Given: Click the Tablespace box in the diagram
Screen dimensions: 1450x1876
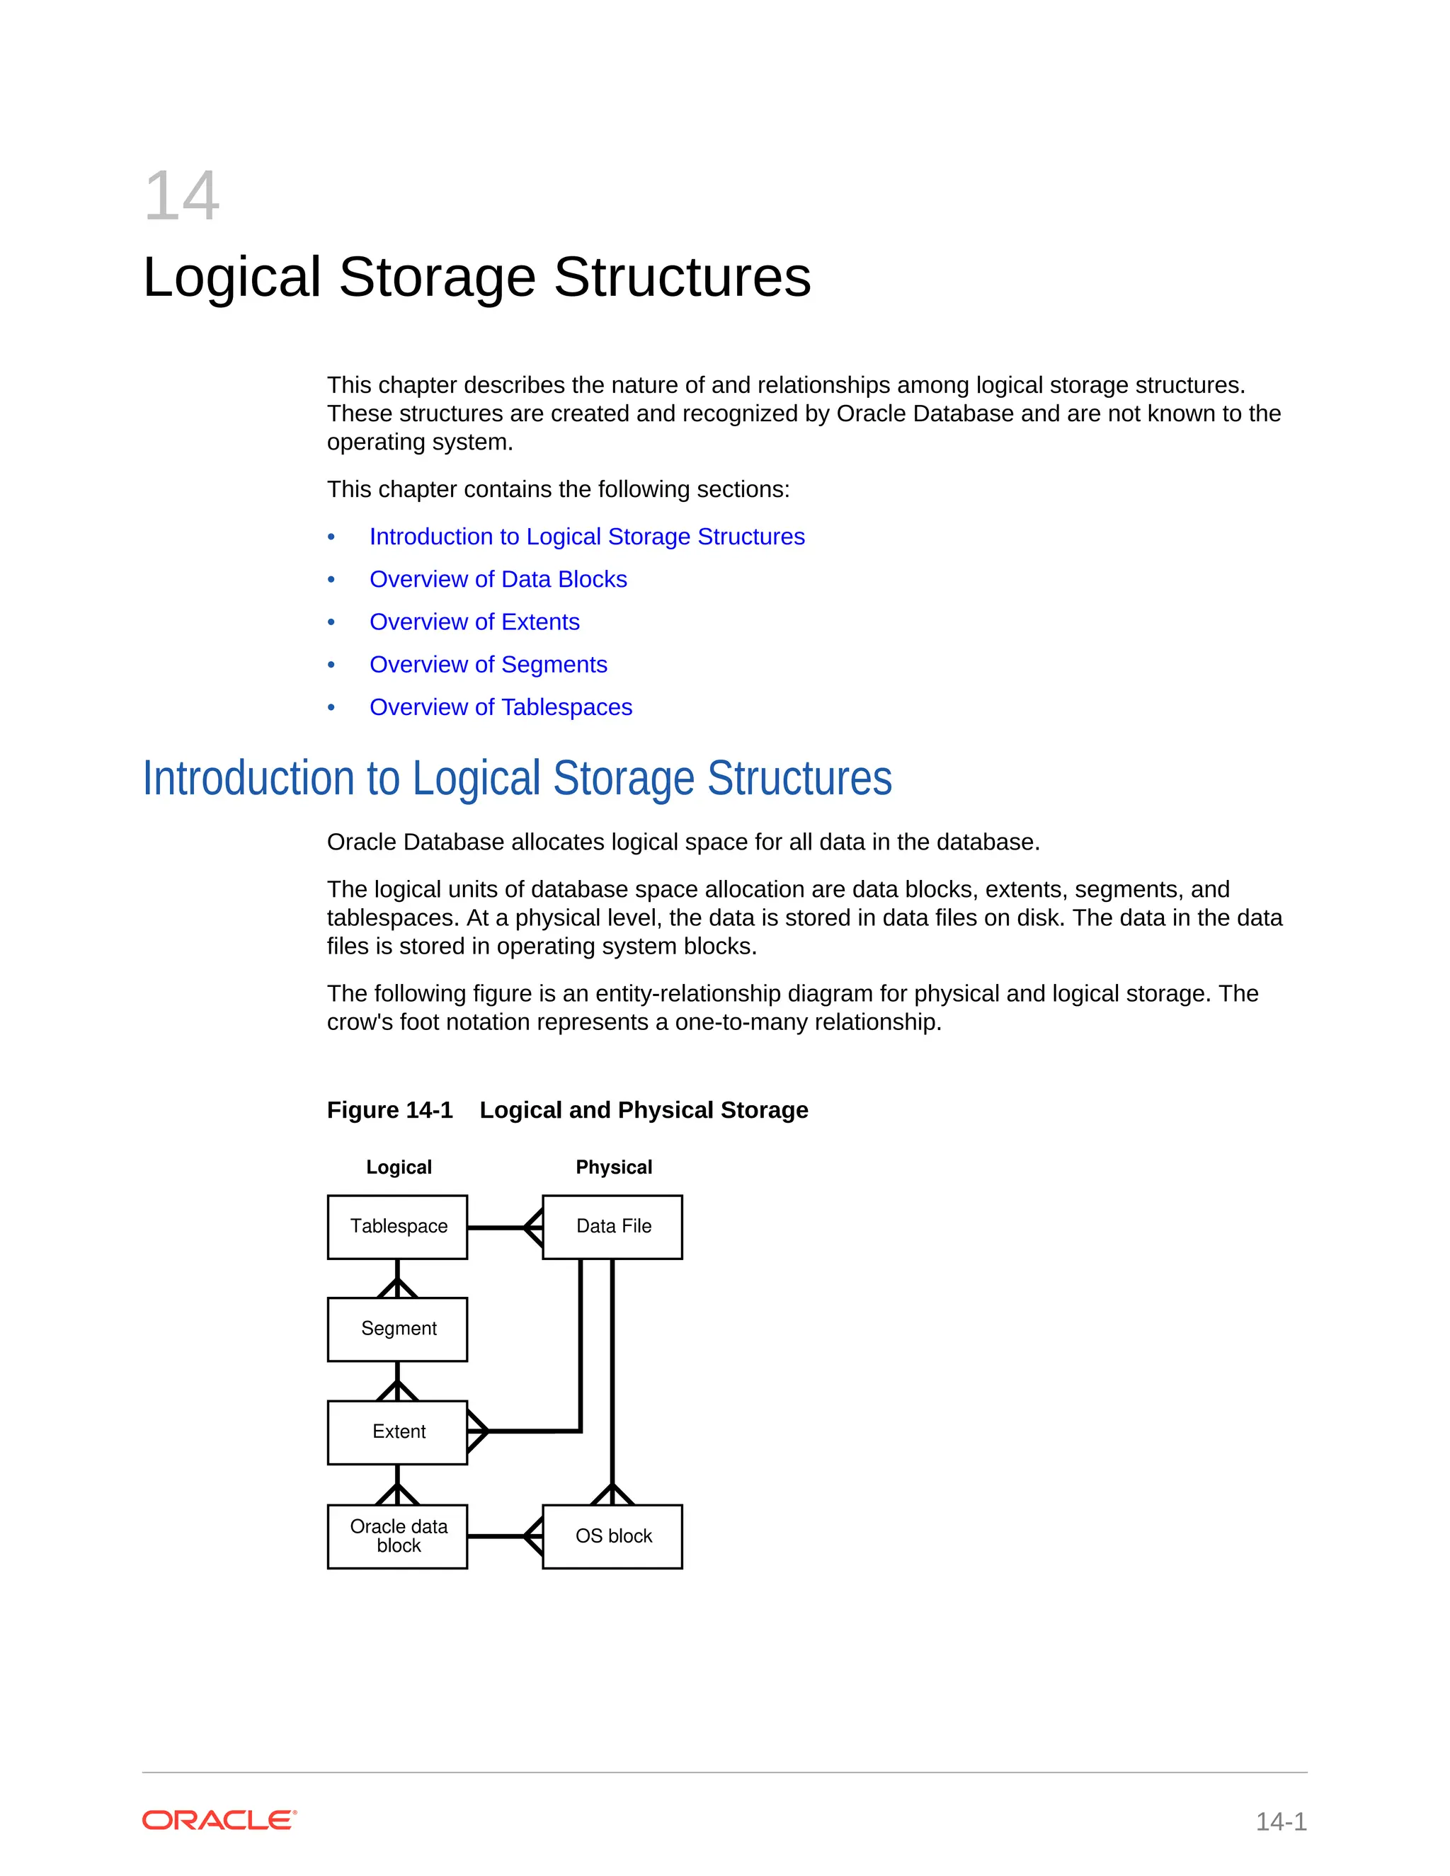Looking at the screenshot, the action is tap(398, 1227).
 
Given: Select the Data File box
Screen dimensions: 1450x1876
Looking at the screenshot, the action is tap(612, 1227).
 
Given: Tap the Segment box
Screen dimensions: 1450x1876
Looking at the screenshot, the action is tap(398, 1329).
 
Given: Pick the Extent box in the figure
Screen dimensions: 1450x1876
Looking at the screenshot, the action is tap(398, 1432).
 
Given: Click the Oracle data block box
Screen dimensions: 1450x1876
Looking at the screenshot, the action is tap(398, 1536).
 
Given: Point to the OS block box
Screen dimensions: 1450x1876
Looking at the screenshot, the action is tap(612, 1536).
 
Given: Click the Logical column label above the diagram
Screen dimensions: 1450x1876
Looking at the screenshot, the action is tap(399, 1167).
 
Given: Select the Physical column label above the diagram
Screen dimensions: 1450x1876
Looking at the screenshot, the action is tap(613, 1167).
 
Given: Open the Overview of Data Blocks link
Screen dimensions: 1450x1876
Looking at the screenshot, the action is tap(498, 580).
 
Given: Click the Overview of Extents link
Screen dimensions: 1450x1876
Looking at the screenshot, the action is tap(474, 622).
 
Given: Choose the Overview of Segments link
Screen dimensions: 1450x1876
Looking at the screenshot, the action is tap(488, 665).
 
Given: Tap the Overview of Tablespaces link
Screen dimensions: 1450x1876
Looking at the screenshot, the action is tap(501, 708).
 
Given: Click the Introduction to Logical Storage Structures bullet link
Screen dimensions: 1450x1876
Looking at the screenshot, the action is tap(587, 537).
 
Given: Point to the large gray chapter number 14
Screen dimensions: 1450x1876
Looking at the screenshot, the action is tap(181, 197).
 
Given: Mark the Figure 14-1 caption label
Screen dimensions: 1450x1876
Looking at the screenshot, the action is tap(389, 1111).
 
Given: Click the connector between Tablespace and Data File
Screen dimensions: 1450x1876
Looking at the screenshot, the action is tap(498, 1228).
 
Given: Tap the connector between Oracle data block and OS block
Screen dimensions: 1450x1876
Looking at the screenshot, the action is tap(498, 1536).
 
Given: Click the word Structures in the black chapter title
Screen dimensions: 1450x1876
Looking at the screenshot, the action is tap(682, 278).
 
